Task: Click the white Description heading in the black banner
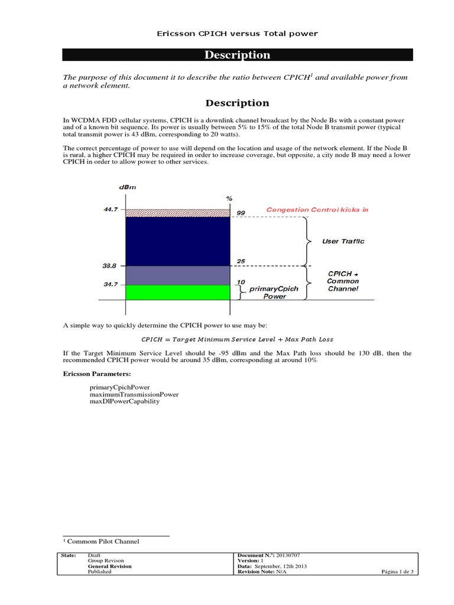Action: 237,55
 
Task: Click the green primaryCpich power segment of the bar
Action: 177,292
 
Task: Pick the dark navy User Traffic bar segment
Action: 177,241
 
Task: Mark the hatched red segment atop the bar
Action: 177,213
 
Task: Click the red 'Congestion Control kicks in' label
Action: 317,210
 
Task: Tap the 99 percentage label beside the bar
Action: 241,212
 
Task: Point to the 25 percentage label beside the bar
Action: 241,261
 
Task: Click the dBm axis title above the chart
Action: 127,187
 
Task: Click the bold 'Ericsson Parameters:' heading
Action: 94,374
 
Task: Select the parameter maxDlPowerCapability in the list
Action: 124,401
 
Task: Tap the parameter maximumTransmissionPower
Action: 134,393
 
